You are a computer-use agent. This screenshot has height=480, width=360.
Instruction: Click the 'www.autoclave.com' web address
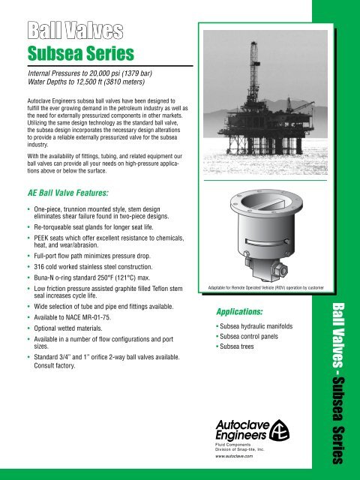(x=237, y=455)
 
